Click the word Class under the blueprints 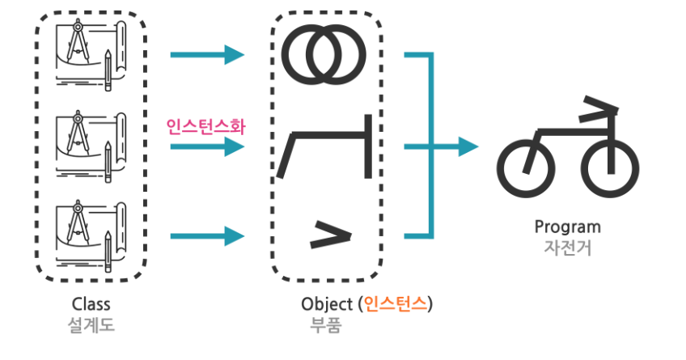pos(91,304)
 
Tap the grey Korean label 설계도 pos(91,325)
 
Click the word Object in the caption pos(326,304)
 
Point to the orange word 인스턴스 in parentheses pos(399,304)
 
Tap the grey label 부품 pos(326,325)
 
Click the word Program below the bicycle pos(568,227)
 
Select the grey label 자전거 pos(568,247)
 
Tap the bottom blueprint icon pos(89,235)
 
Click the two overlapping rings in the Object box pos(324,55)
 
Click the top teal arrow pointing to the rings pos(207,55)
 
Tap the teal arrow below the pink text pos(207,147)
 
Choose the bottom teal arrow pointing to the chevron pos(207,236)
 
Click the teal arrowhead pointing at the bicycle pos(468,146)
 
